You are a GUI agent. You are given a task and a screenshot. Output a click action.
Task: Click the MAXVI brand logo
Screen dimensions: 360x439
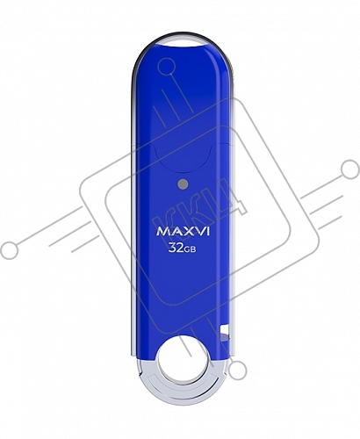[x=183, y=231]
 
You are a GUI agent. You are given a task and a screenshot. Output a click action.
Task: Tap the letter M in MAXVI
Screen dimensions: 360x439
[x=162, y=231]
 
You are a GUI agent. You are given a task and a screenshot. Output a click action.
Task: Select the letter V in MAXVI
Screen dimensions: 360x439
[x=198, y=231]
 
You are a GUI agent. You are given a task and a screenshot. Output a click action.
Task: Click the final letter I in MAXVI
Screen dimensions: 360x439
[x=208, y=231]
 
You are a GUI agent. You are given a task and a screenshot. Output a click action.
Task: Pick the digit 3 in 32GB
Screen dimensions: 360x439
[x=172, y=248]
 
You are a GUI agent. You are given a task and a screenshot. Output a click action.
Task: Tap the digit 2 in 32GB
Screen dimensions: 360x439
[x=180, y=248]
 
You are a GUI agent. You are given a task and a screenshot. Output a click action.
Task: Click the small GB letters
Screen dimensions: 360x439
[x=191, y=249]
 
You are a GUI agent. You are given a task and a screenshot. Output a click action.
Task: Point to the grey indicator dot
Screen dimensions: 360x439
[x=183, y=184]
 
